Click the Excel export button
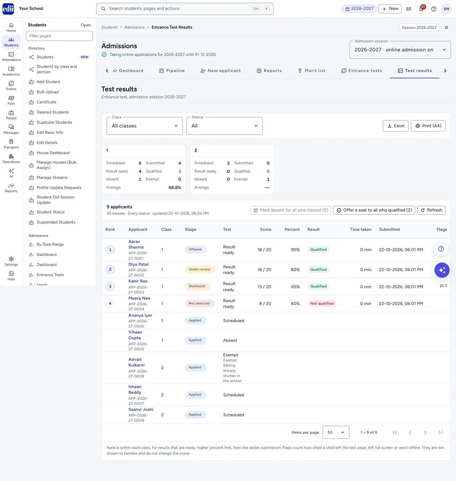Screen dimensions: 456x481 point(395,126)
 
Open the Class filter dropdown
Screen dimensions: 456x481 point(144,126)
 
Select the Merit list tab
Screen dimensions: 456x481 point(312,71)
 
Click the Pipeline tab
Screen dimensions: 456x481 point(172,71)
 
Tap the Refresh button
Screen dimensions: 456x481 point(431,210)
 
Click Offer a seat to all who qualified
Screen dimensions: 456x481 point(374,210)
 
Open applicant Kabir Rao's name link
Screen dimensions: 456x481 point(138,281)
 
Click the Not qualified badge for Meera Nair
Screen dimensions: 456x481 point(322,303)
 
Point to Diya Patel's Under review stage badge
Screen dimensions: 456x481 point(199,269)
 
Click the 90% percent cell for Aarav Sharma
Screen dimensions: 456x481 point(295,249)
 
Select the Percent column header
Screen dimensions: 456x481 point(292,229)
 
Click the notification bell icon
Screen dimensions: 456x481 point(421,9)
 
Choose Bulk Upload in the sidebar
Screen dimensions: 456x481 point(47,92)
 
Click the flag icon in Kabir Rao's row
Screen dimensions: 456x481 point(442,286)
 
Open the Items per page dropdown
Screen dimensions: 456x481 point(336,432)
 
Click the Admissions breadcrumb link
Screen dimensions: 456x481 point(134,27)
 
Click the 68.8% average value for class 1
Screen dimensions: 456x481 point(174,187)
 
